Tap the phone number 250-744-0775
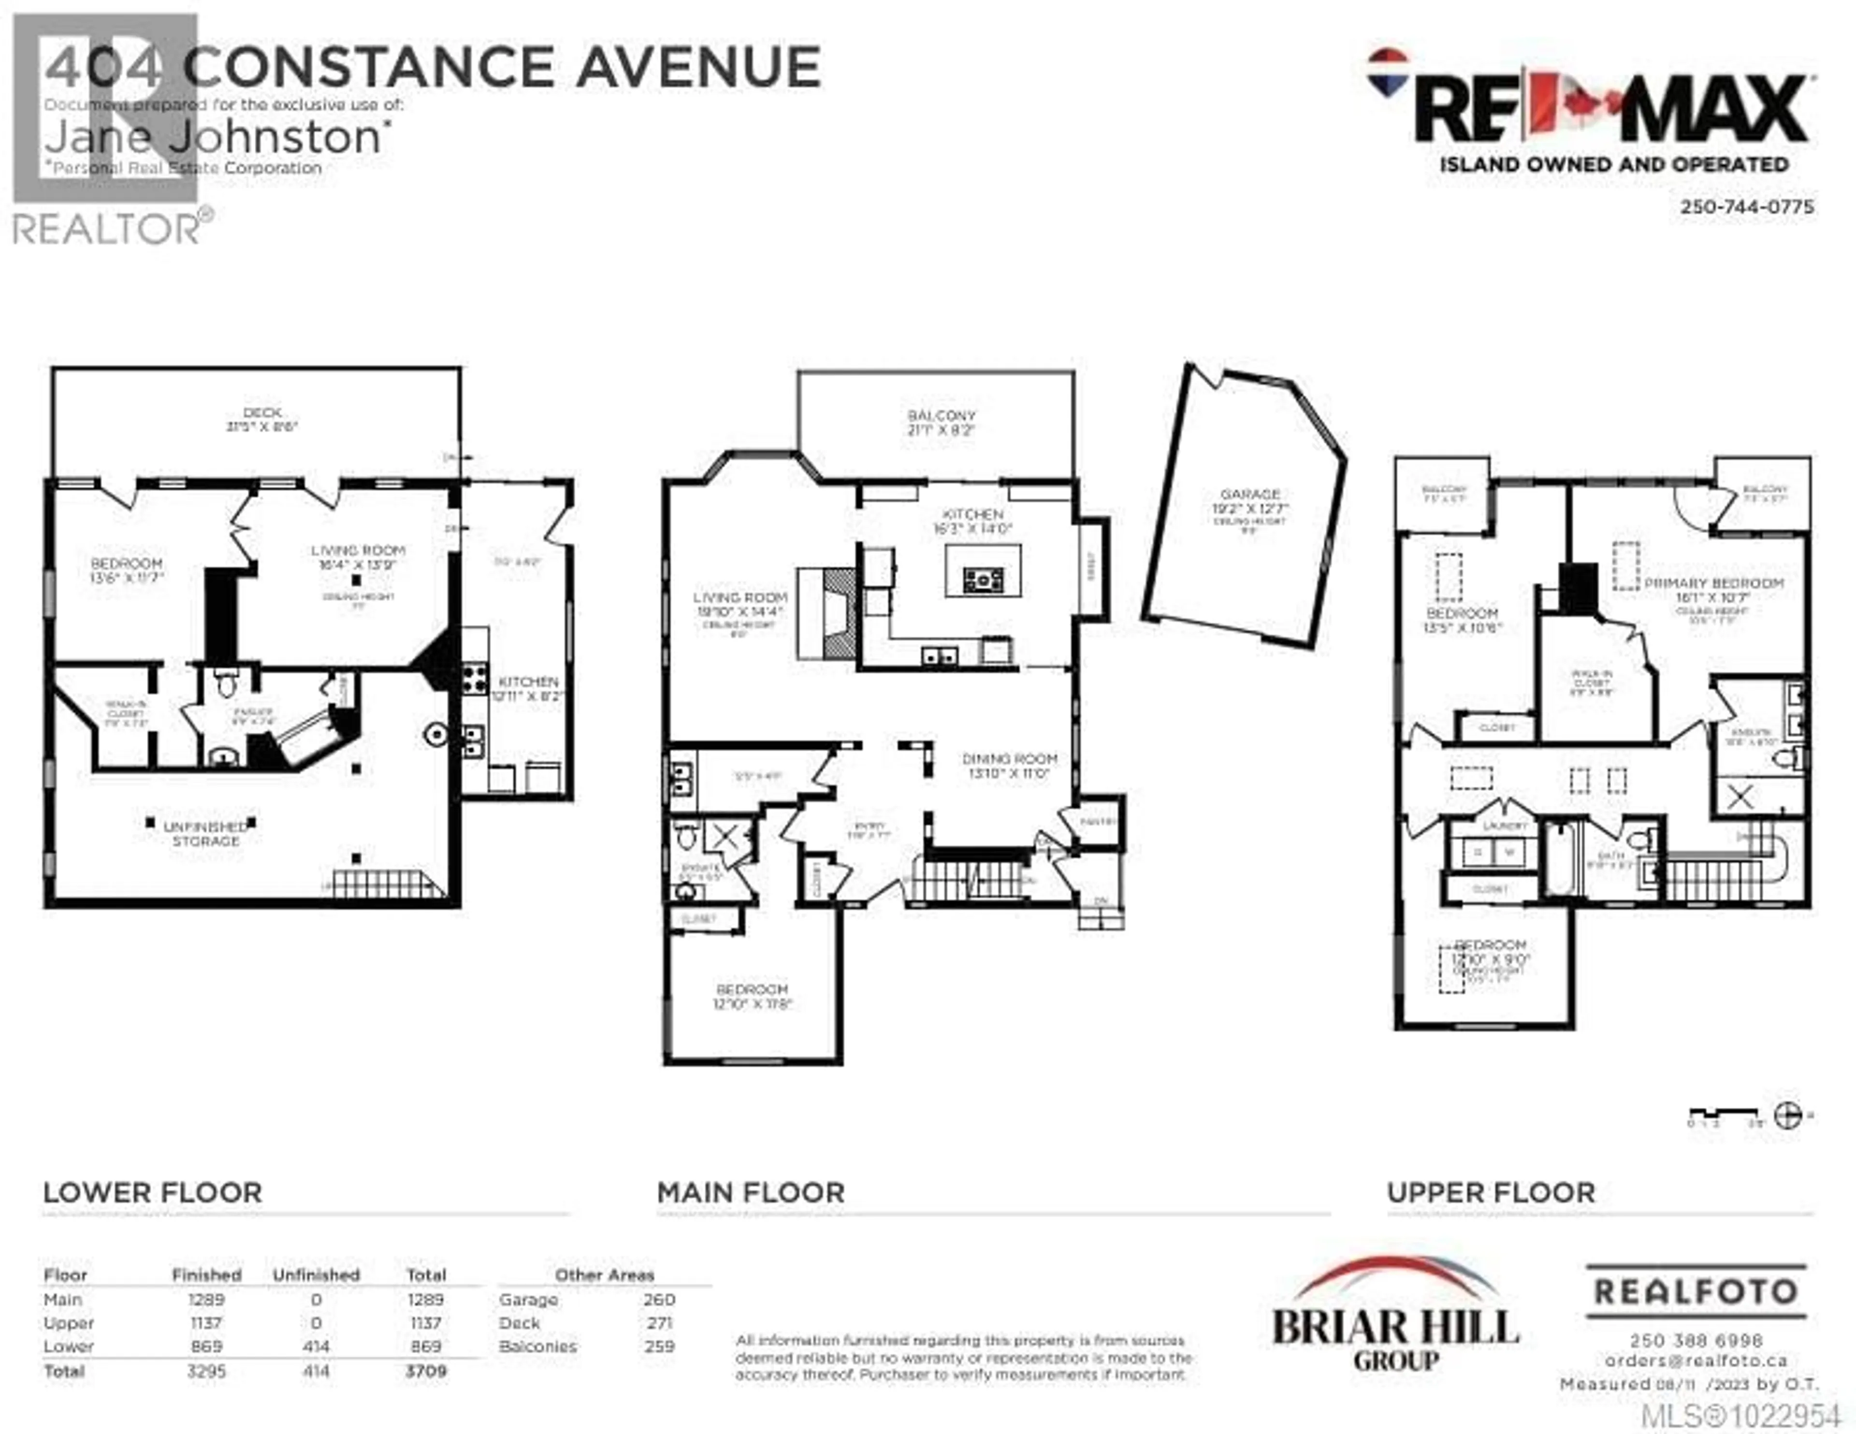click(1746, 206)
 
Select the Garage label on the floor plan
click(1250, 494)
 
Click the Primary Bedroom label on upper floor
click(1713, 583)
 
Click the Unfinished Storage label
click(205, 833)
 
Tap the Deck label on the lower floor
click(262, 412)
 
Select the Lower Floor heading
click(153, 1193)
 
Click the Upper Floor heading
click(1492, 1193)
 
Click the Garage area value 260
click(659, 1300)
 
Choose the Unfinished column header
click(316, 1275)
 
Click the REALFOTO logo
click(1696, 1292)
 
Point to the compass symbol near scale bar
click(1788, 1115)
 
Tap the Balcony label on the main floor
click(941, 416)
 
